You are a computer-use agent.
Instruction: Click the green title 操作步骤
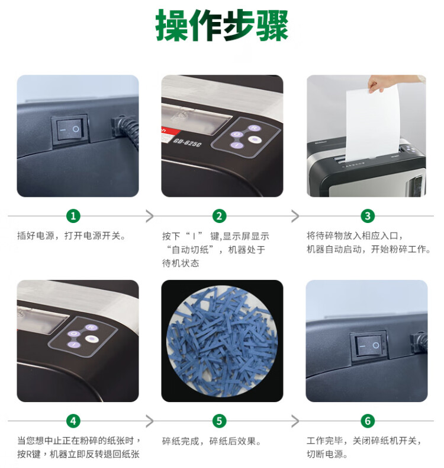221,26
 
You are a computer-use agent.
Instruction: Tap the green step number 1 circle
73,216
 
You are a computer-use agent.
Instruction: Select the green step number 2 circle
219,216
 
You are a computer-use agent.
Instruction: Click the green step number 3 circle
368,216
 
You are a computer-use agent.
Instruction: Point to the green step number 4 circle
73,421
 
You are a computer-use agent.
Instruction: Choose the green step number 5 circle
219,421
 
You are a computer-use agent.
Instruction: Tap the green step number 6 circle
368,421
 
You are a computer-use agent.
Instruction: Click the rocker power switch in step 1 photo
70,130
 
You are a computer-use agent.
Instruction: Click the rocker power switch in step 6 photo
369,346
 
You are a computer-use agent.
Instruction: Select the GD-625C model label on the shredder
187,142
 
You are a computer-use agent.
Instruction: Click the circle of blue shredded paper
222,340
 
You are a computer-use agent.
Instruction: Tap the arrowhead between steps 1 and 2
150,216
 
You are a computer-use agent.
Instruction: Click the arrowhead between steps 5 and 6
295,421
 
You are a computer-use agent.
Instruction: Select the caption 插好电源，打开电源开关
71,236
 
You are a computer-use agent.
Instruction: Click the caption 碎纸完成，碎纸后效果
211,441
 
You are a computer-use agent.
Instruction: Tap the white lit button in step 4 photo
92,339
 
